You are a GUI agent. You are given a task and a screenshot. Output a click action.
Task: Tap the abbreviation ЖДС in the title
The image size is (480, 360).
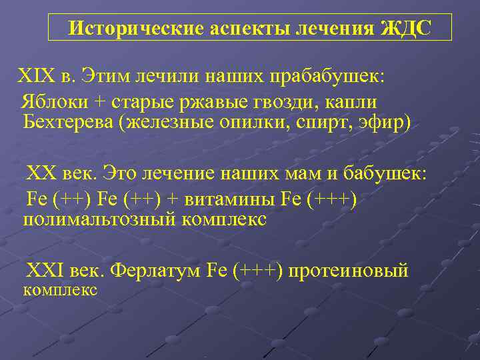(x=406, y=29)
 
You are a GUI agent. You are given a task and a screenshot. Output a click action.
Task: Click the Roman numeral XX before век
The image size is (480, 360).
(x=40, y=174)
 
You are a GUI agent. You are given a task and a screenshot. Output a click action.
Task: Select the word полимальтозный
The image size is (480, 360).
(x=98, y=219)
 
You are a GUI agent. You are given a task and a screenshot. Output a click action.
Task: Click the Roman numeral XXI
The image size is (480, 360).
(x=44, y=271)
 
